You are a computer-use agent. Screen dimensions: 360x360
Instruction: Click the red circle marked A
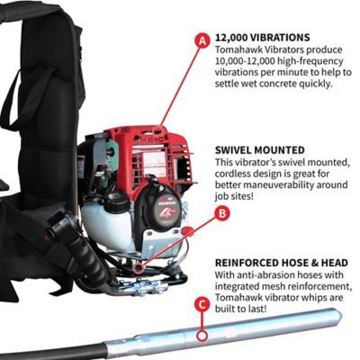[202, 40]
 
